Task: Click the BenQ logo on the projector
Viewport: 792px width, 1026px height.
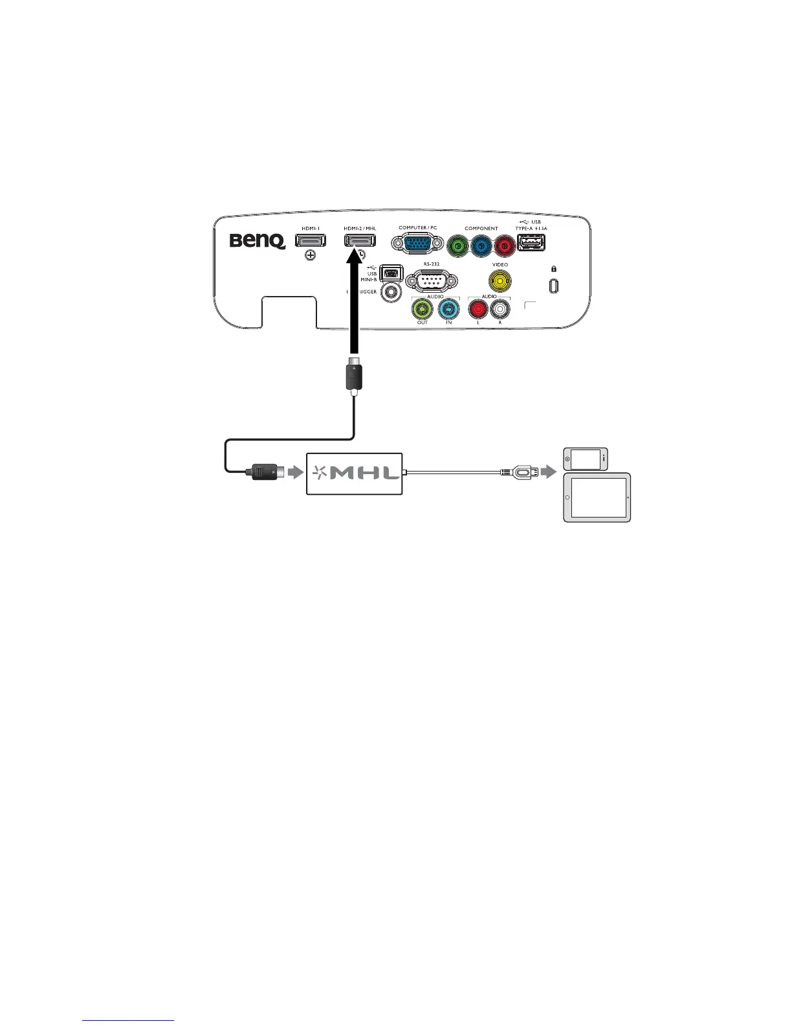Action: tap(258, 242)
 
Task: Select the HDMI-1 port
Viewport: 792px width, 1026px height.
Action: tap(311, 241)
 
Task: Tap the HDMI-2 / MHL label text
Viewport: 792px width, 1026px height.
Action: tap(360, 229)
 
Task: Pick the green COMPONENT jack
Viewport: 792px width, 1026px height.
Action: tap(459, 246)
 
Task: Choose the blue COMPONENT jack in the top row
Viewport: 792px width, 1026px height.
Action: tap(481, 246)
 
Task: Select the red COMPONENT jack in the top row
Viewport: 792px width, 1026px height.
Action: tap(504, 246)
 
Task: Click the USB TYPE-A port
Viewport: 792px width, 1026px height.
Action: tap(531, 243)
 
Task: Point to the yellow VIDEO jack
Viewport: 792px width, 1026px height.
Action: tap(500, 281)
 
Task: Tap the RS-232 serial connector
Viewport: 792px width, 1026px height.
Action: tap(432, 281)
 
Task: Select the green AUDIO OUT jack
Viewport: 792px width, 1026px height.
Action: tap(423, 308)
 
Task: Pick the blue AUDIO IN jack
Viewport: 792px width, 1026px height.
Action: tap(448, 308)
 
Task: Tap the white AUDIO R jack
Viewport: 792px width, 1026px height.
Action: tap(500, 309)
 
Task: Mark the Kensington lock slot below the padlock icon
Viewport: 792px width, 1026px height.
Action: tap(554, 286)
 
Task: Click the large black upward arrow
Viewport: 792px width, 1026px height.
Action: tap(355, 304)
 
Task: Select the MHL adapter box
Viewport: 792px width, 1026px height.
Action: tap(355, 473)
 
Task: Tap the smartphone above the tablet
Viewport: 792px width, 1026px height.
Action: tap(586, 459)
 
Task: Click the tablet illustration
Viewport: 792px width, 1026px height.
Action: tap(597, 497)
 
